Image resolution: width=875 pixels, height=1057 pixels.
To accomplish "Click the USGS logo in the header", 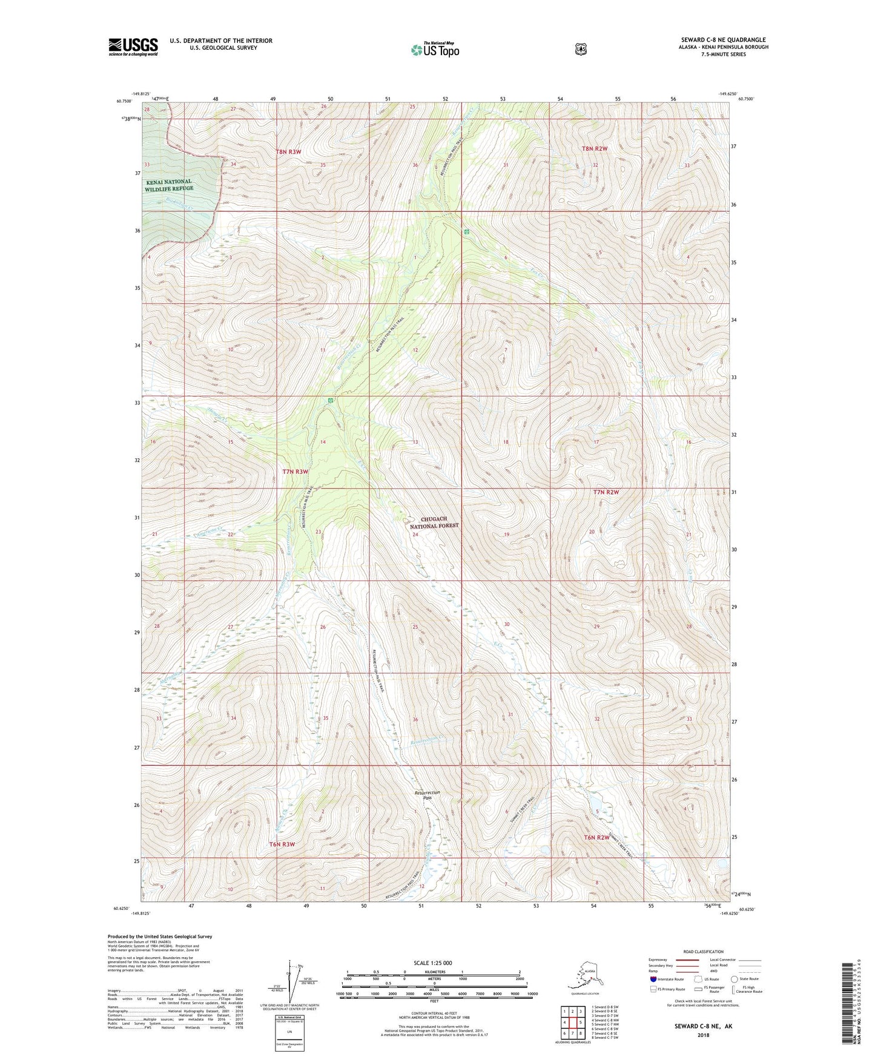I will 133,47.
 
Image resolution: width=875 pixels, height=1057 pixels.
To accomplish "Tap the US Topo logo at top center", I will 435,50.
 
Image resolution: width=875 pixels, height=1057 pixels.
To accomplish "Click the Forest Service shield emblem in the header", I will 581,49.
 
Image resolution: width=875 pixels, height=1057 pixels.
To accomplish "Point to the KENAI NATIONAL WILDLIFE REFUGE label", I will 169,185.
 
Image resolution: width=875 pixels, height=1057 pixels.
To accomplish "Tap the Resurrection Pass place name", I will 428,795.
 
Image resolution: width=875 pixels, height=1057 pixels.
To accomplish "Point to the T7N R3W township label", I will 295,471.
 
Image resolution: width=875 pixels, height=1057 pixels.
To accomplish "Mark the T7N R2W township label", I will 606,492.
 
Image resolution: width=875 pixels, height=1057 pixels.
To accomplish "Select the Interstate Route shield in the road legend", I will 653,979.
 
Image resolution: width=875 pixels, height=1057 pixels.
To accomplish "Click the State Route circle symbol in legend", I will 734,979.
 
